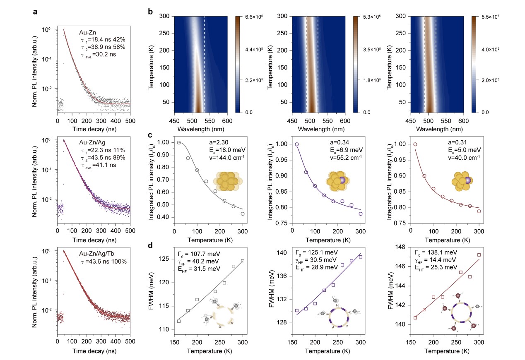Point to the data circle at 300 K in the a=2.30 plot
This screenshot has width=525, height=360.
[243, 214]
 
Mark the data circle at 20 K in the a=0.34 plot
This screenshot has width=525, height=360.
[296, 144]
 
